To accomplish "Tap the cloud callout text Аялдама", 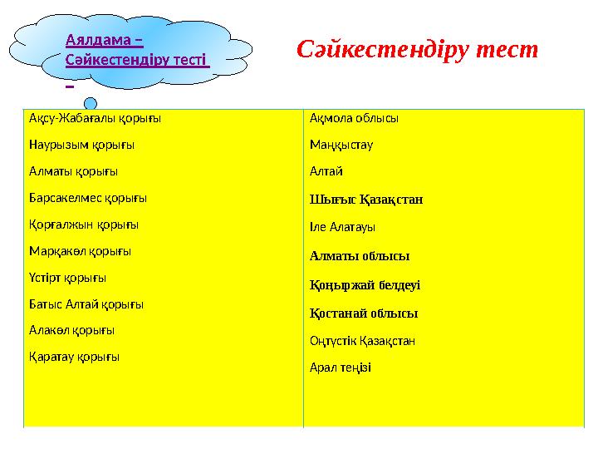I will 104,38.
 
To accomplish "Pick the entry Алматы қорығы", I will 73,171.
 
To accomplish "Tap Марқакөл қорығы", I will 80,251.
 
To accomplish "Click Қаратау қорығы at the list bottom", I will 74,357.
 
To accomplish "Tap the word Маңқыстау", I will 341,145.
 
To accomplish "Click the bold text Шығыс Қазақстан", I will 366,200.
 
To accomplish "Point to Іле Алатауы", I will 342,226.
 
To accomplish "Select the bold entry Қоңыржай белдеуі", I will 365,284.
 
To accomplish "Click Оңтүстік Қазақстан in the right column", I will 362,341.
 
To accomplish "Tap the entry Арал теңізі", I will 341,368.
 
